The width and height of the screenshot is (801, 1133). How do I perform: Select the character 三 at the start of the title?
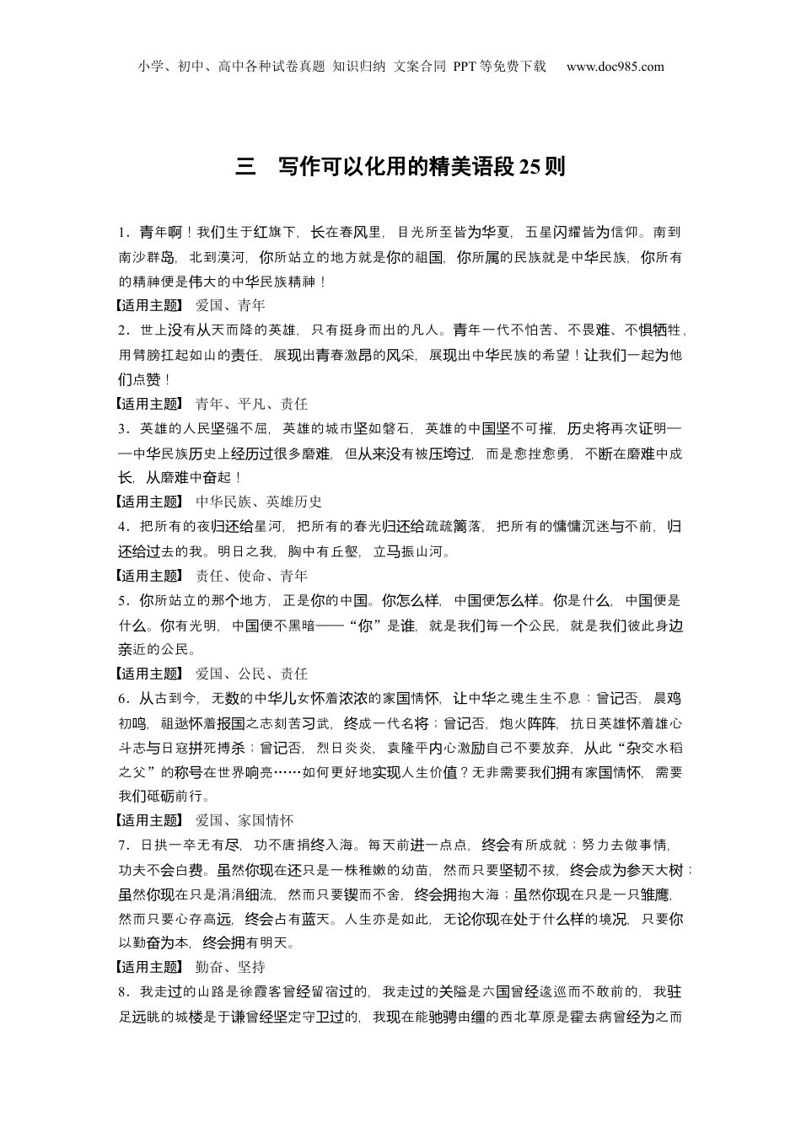pos(245,166)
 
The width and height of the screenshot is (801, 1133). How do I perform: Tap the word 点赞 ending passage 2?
pos(153,379)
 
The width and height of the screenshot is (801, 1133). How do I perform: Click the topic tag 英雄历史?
pos(294,502)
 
